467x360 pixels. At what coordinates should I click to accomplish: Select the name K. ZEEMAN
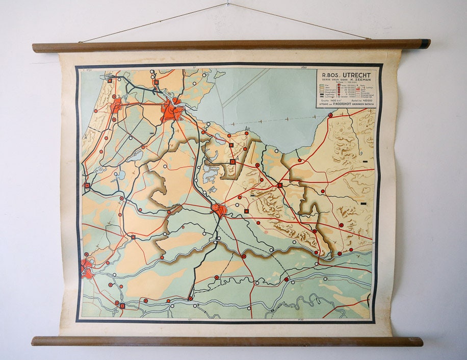(x=361, y=80)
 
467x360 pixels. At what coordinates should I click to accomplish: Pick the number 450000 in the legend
(x=366, y=100)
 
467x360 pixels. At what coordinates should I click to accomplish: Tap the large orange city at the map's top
(x=171, y=110)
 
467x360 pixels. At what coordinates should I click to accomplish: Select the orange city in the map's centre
(x=219, y=210)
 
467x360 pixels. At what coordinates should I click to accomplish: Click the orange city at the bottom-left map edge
(x=86, y=268)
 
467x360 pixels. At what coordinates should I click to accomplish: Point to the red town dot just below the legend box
(x=330, y=115)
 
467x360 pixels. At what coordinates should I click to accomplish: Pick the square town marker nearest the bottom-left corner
(x=122, y=306)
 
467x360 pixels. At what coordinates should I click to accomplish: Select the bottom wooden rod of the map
(x=227, y=341)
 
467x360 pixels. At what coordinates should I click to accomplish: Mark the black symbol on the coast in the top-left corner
(x=109, y=79)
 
